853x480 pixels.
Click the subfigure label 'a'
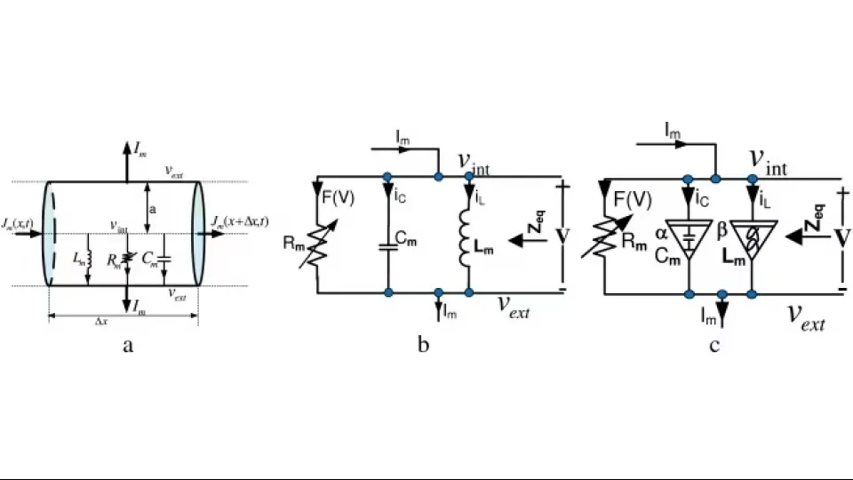tap(127, 346)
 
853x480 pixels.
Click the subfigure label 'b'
tap(423, 345)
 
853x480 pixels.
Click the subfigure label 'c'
tap(713, 345)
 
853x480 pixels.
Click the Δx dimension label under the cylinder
tap(102, 321)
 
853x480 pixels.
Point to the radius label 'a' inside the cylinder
tap(154, 209)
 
